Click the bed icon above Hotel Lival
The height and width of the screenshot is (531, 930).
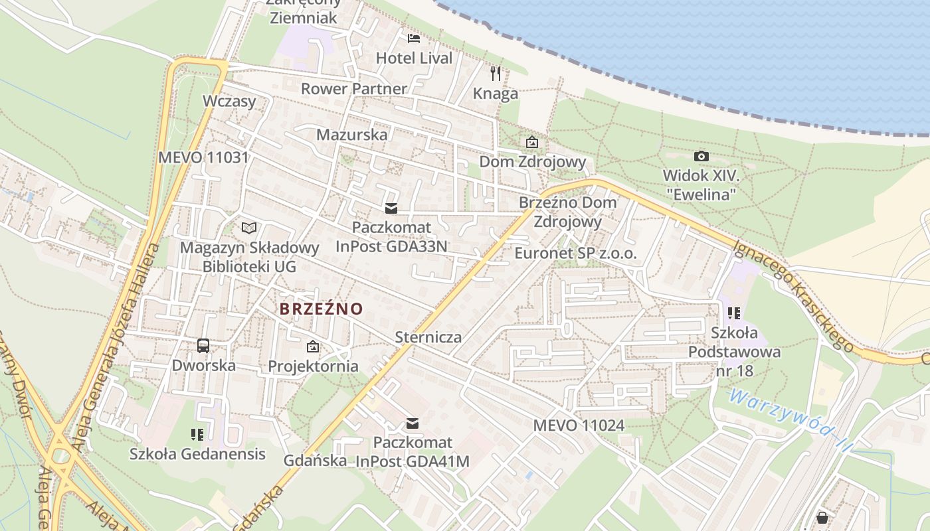(x=414, y=38)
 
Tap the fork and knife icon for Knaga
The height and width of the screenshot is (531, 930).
(x=496, y=73)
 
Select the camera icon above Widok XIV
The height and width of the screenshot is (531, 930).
(x=701, y=157)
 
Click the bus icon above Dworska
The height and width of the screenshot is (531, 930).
(x=203, y=345)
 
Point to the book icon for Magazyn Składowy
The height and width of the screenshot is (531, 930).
(x=249, y=228)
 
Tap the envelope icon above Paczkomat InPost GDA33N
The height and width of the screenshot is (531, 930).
(x=391, y=208)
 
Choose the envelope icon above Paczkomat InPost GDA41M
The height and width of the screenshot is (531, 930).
(x=413, y=423)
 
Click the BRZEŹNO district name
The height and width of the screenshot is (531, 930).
(x=322, y=309)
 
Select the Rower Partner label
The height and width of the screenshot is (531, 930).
(x=353, y=89)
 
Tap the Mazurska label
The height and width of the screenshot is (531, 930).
(x=351, y=135)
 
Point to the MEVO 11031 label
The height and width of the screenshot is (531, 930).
(x=203, y=158)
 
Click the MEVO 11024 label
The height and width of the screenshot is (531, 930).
(x=579, y=425)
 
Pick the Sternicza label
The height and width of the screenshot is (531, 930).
(x=428, y=337)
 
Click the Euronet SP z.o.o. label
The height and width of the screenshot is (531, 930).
(x=575, y=254)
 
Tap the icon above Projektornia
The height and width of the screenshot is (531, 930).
(x=312, y=346)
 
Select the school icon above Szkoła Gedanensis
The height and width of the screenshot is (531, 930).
(x=197, y=435)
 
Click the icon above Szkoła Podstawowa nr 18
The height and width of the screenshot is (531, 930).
(x=734, y=313)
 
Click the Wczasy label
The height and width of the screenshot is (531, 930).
(x=229, y=102)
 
